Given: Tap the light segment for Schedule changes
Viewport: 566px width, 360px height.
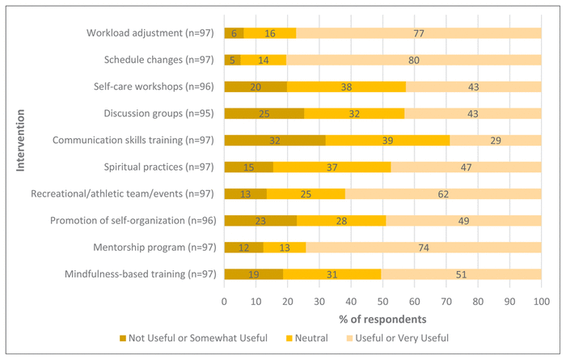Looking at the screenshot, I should tap(413, 59).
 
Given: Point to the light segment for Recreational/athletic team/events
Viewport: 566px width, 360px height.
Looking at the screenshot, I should tap(443, 193).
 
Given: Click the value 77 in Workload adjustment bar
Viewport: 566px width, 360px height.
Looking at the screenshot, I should tap(418, 33).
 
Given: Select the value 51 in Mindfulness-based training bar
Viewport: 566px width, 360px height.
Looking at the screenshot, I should tap(461, 273).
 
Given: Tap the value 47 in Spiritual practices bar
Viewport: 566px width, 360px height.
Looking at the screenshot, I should tap(464, 167).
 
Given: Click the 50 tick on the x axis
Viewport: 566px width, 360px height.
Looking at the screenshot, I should tap(382, 302).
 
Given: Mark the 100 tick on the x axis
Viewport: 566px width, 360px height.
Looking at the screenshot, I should tap(541, 302).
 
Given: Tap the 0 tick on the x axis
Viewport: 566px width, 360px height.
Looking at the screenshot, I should tap(225, 302).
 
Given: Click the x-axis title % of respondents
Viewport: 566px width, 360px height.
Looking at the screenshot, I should tap(382, 319).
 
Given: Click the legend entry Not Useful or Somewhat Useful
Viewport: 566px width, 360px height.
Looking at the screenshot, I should tap(195, 337).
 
